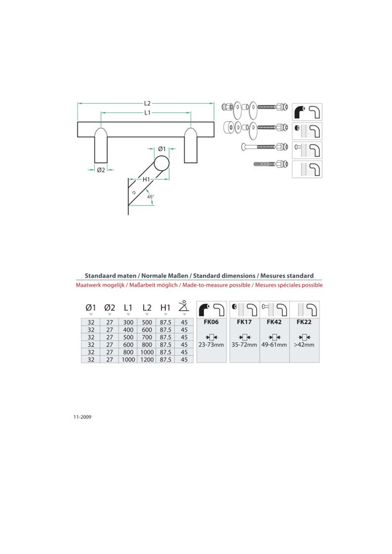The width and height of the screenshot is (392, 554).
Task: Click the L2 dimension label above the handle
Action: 147,103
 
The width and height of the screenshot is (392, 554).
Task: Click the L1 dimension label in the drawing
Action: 147,112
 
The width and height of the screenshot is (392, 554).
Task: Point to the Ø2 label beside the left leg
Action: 101,170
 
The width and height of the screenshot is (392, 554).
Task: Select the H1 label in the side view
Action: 146,179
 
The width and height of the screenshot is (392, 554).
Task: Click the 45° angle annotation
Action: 150,196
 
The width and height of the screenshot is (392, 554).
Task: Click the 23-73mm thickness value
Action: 212,344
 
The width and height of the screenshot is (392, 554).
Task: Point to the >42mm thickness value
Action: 304,344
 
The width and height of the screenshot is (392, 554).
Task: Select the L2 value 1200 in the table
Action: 147,360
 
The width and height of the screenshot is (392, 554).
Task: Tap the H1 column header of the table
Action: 165,307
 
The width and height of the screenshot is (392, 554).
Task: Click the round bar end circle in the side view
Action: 161,165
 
